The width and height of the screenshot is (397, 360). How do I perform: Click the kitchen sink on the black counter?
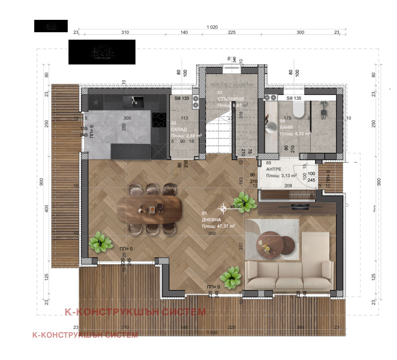[x=134, y=102]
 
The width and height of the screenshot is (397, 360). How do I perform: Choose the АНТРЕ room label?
[x=273, y=169]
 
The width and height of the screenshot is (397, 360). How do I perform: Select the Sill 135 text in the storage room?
[x=182, y=98]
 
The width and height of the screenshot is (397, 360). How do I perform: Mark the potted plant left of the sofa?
[x=232, y=277]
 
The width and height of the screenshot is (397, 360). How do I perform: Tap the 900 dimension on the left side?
[x=41, y=181]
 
